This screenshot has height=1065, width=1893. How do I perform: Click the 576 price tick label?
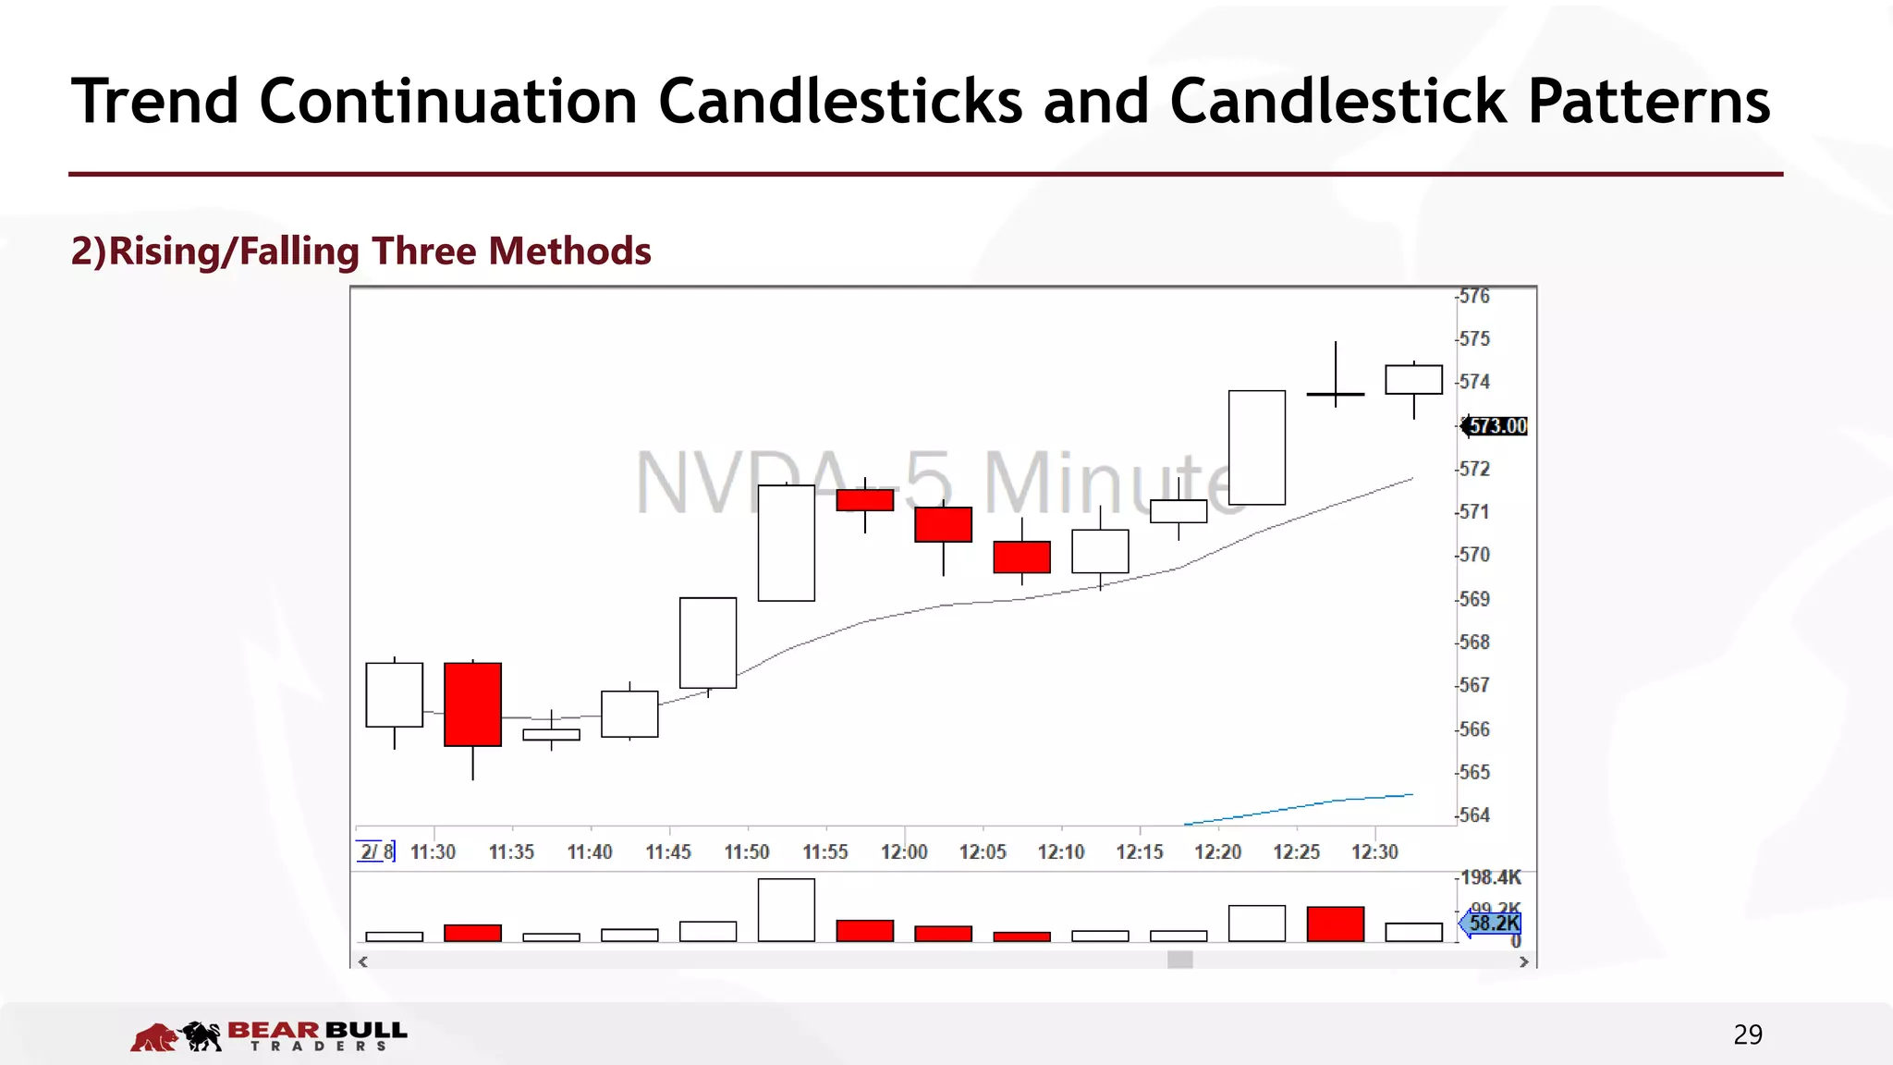click(1474, 297)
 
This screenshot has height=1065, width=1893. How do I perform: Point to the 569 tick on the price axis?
click(1474, 599)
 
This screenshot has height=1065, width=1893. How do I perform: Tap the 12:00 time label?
click(904, 852)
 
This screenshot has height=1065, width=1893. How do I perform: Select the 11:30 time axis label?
click(433, 852)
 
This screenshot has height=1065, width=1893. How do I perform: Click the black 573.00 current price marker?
click(1497, 426)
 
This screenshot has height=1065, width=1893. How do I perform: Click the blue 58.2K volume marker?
click(1493, 924)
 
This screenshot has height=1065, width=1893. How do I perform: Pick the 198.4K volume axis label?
click(1490, 877)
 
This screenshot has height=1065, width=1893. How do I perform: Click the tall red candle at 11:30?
click(472, 704)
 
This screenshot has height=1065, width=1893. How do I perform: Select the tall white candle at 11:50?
click(786, 543)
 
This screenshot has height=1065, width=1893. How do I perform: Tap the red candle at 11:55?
click(864, 500)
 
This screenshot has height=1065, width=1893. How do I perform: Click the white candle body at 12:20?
click(1256, 447)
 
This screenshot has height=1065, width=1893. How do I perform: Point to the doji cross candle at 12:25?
click(1335, 394)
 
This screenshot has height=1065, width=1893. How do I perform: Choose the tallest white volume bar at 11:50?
click(786, 910)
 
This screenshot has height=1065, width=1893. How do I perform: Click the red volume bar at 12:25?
click(1335, 924)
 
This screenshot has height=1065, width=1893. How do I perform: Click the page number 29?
click(1747, 1034)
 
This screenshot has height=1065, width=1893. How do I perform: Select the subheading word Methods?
click(570, 251)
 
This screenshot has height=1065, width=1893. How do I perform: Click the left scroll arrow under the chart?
click(363, 961)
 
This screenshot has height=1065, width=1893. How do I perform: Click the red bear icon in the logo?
click(153, 1037)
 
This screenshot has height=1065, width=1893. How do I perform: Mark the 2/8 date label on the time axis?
click(375, 851)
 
